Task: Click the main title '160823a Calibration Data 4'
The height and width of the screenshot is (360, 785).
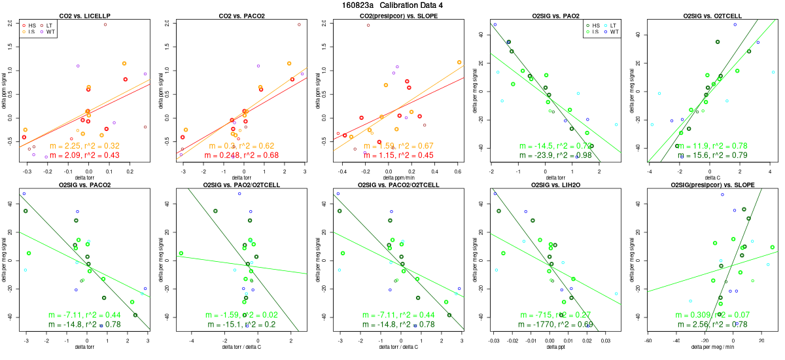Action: pos(392,5)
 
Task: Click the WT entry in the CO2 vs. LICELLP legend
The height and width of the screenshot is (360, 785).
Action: pos(46,31)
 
